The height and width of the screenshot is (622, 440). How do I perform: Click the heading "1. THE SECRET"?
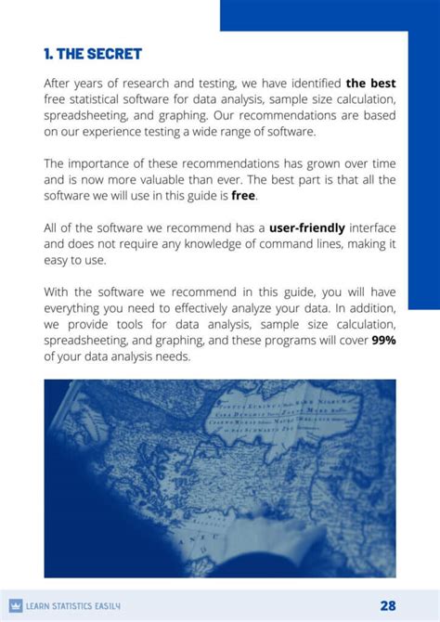(93, 53)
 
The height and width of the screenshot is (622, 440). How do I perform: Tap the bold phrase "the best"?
(370, 84)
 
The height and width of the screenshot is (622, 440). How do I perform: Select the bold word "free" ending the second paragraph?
(243, 196)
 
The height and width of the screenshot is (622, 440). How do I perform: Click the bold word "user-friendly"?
(307, 227)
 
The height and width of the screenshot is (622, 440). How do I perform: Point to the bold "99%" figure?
(383, 340)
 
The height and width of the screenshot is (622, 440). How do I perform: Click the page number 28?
(388, 605)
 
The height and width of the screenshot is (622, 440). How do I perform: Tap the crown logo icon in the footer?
(15, 606)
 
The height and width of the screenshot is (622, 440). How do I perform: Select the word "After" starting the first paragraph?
(59, 84)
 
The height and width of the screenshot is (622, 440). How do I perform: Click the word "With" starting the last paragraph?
(58, 292)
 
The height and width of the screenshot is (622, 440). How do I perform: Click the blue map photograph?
(220, 478)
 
